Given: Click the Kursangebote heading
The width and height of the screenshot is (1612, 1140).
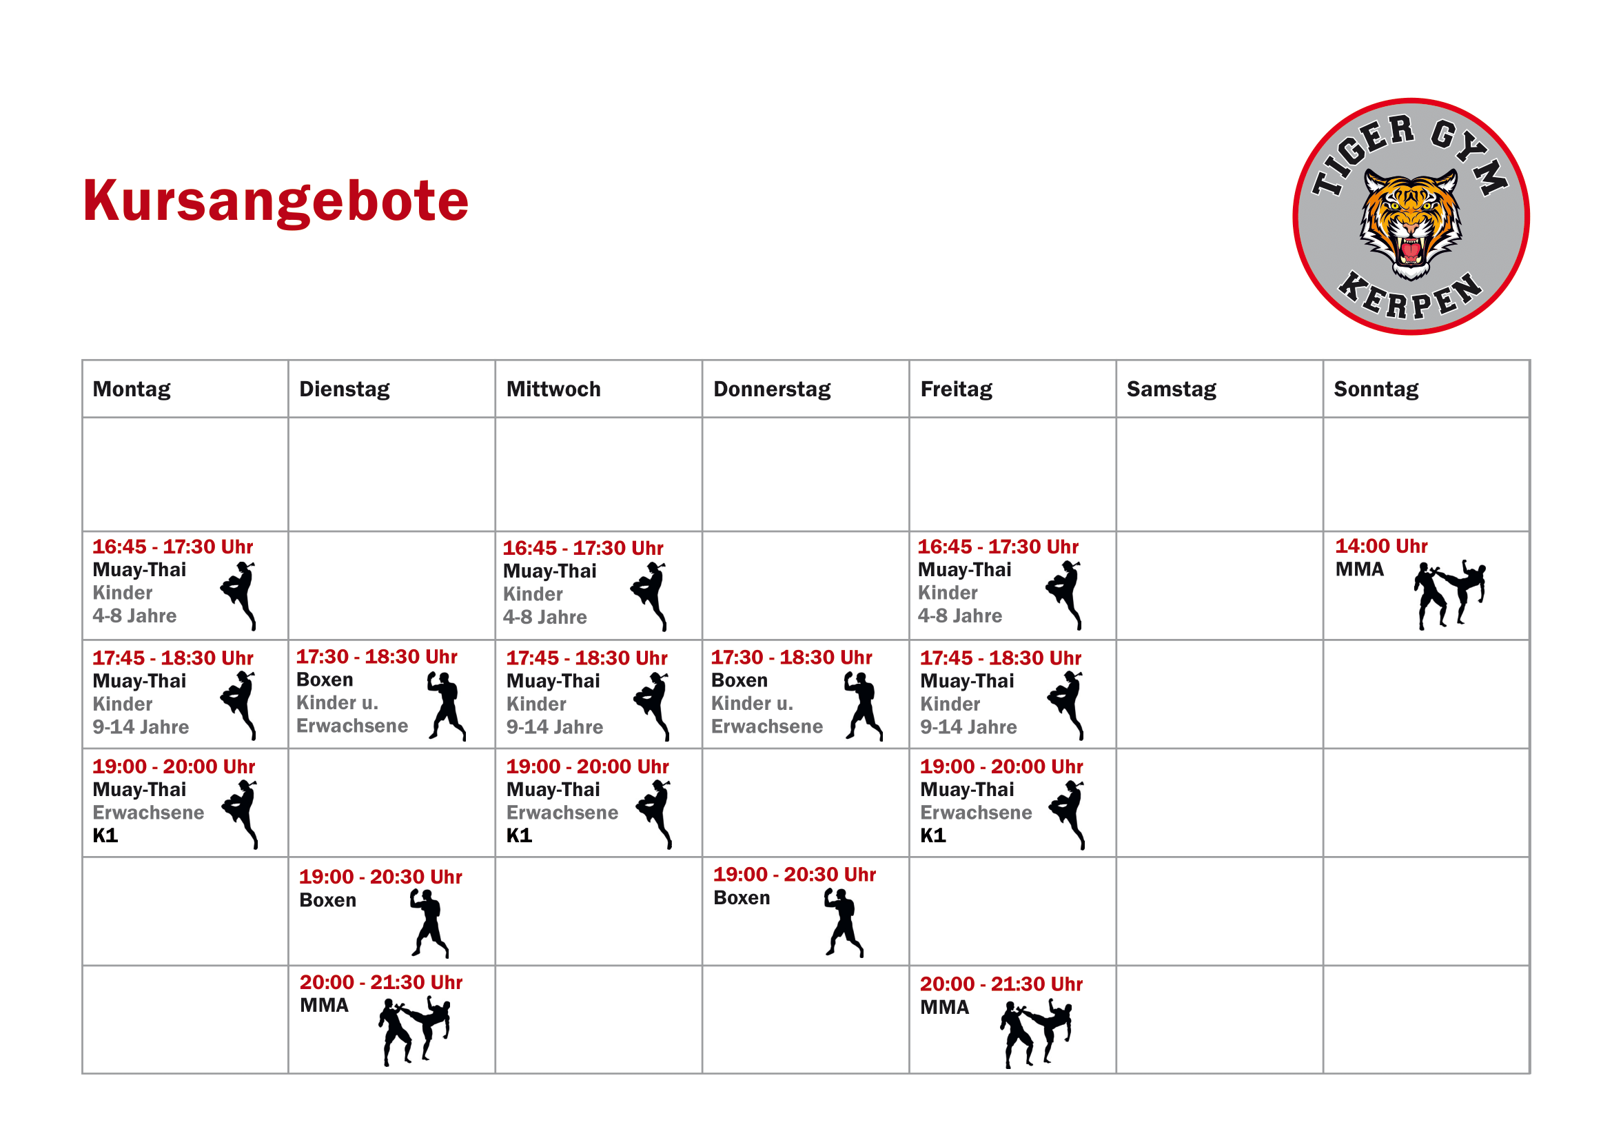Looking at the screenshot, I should tap(275, 201).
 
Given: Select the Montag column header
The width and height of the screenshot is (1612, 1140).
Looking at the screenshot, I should tap(132, 389).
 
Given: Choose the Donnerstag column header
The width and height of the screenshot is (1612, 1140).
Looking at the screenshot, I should tap(772, 389).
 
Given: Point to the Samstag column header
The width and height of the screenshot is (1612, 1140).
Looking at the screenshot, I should tap(1171, 389).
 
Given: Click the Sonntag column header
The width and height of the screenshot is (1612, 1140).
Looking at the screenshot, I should tap(1376, 389).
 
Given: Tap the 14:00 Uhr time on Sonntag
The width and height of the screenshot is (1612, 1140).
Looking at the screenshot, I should tap(1380, 546).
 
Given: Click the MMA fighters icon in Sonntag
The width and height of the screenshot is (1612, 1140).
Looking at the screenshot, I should tap(1449, 594).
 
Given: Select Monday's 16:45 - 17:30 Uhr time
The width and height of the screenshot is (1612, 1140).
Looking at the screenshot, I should tap(173, 547).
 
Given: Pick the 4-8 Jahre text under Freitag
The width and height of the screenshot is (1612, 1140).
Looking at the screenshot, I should tap(959, 615).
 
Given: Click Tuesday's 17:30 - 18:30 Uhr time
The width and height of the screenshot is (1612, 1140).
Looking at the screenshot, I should tap(376, 657).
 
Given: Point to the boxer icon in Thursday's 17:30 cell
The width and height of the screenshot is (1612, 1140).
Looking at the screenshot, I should tap(862, 706).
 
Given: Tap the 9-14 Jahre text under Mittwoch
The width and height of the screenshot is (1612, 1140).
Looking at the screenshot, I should tap(554, 727).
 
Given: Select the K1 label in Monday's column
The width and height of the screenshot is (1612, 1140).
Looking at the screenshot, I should tap(105, 835).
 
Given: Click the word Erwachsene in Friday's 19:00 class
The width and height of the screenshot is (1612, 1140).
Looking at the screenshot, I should tap(976, 813).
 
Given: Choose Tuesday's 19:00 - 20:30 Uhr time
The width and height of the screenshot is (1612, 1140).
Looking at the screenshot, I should tap(380, 877).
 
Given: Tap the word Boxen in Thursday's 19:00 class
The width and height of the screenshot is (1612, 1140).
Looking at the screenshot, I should tap(742, 898).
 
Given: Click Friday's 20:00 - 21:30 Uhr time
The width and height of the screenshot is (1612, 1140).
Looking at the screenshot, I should tap(1001, 984).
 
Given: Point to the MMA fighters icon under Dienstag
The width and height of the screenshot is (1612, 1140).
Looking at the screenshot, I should tap(414, 1030).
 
